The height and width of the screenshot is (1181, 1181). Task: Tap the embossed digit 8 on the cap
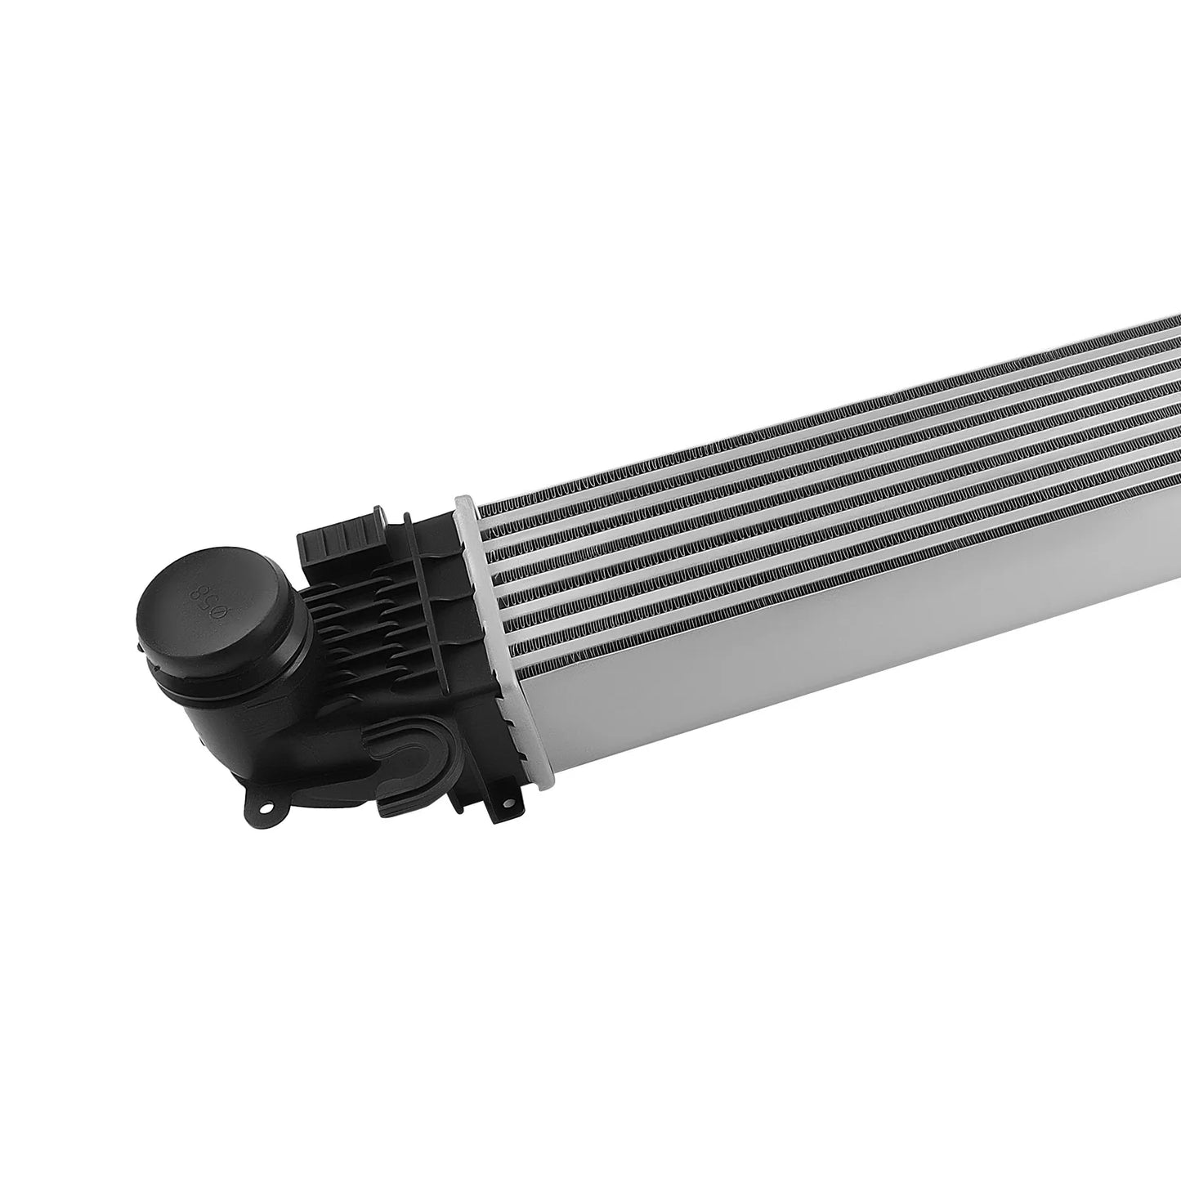(196, 590)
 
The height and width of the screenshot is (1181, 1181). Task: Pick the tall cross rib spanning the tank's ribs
(433, 597)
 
